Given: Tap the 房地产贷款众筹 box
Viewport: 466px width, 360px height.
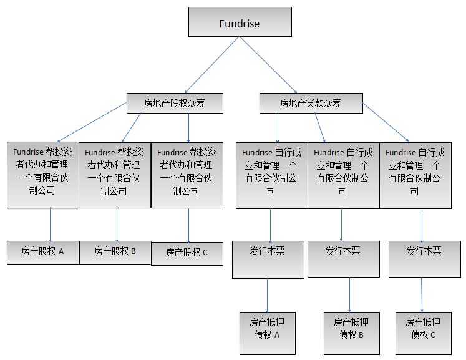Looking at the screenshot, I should [x=311, y=103].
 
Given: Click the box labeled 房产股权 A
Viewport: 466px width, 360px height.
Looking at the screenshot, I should [x=43, y=251].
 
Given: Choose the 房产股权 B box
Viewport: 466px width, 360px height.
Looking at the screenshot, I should [x=115, y=251].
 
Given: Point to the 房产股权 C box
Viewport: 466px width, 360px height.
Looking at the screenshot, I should [x=187, y=253].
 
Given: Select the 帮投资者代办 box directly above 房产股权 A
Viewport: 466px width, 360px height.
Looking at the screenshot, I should [x=43, y=175].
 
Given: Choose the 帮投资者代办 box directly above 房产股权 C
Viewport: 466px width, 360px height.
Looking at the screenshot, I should [x=187, y=175].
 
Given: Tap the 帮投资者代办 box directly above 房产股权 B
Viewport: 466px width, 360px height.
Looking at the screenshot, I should [x=115, y=175].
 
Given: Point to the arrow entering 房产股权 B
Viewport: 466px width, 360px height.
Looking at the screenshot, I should [x=117, y=225].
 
